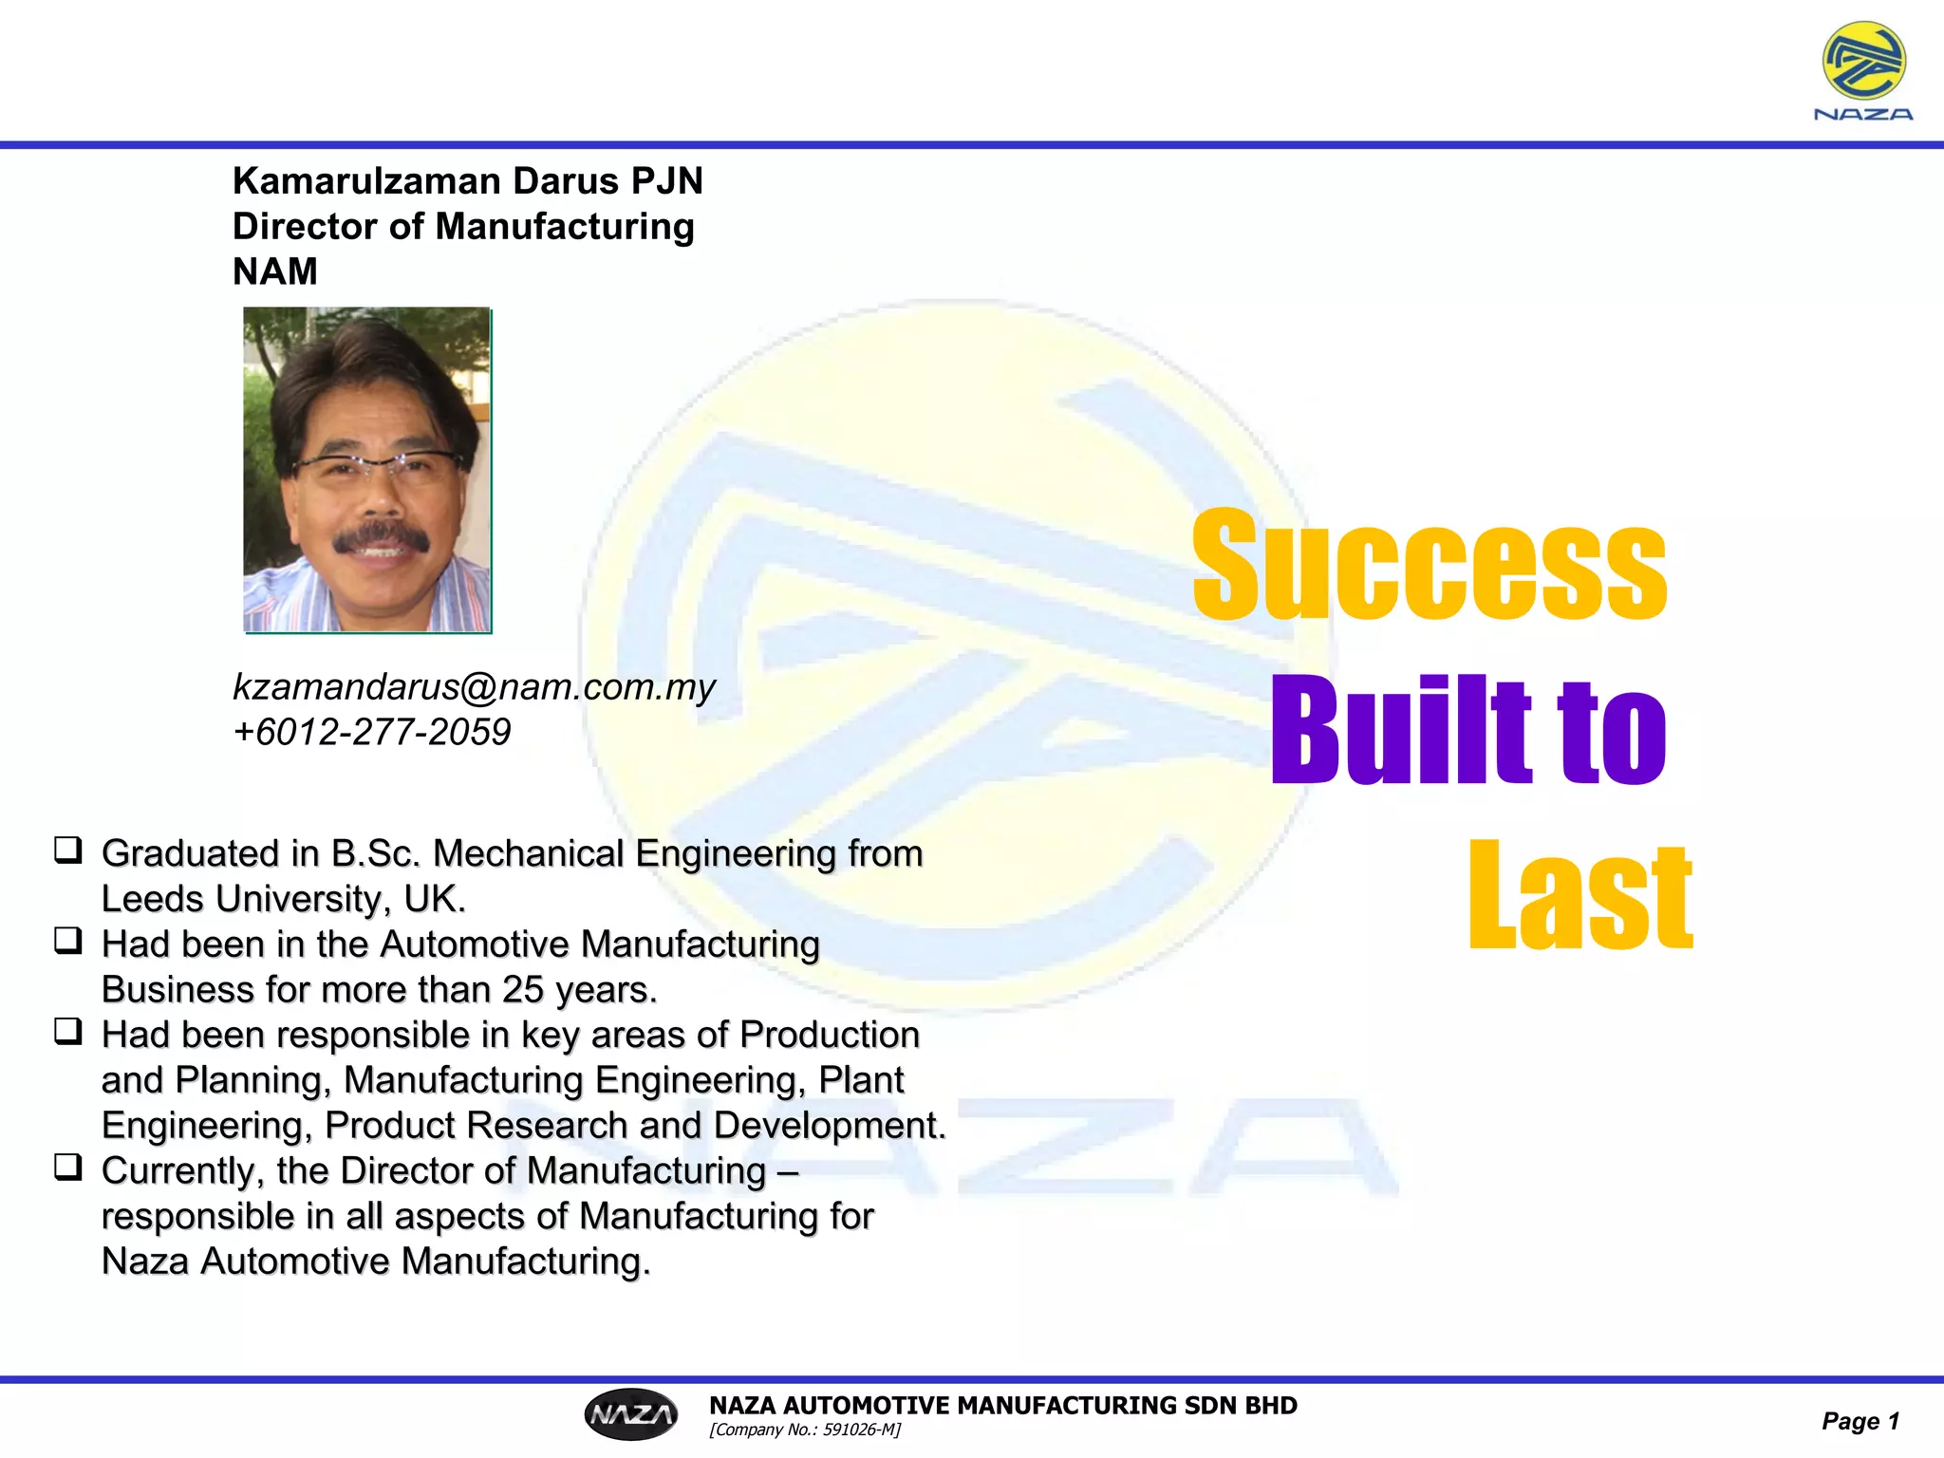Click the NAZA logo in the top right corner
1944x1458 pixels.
(x=1863, y=71)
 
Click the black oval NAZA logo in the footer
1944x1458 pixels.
(x=631, y=1414)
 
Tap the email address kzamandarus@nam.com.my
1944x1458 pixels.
(x=474, y=686)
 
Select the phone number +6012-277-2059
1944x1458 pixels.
(x=371, y=732)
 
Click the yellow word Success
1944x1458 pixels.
(x=1429, y=564)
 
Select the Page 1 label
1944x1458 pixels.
(x=1860, y=1421)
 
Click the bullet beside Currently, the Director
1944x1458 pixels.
(x=68, y=1167)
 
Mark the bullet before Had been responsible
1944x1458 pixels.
(x=68, y=1031)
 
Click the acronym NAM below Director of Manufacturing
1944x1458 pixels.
(x=275, y=271)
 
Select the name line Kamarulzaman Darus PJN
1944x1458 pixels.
(x=468, y=180)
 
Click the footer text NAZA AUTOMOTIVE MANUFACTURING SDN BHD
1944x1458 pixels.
(x=1002, y=1405)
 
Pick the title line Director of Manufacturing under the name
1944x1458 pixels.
(x=463, y=226)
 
